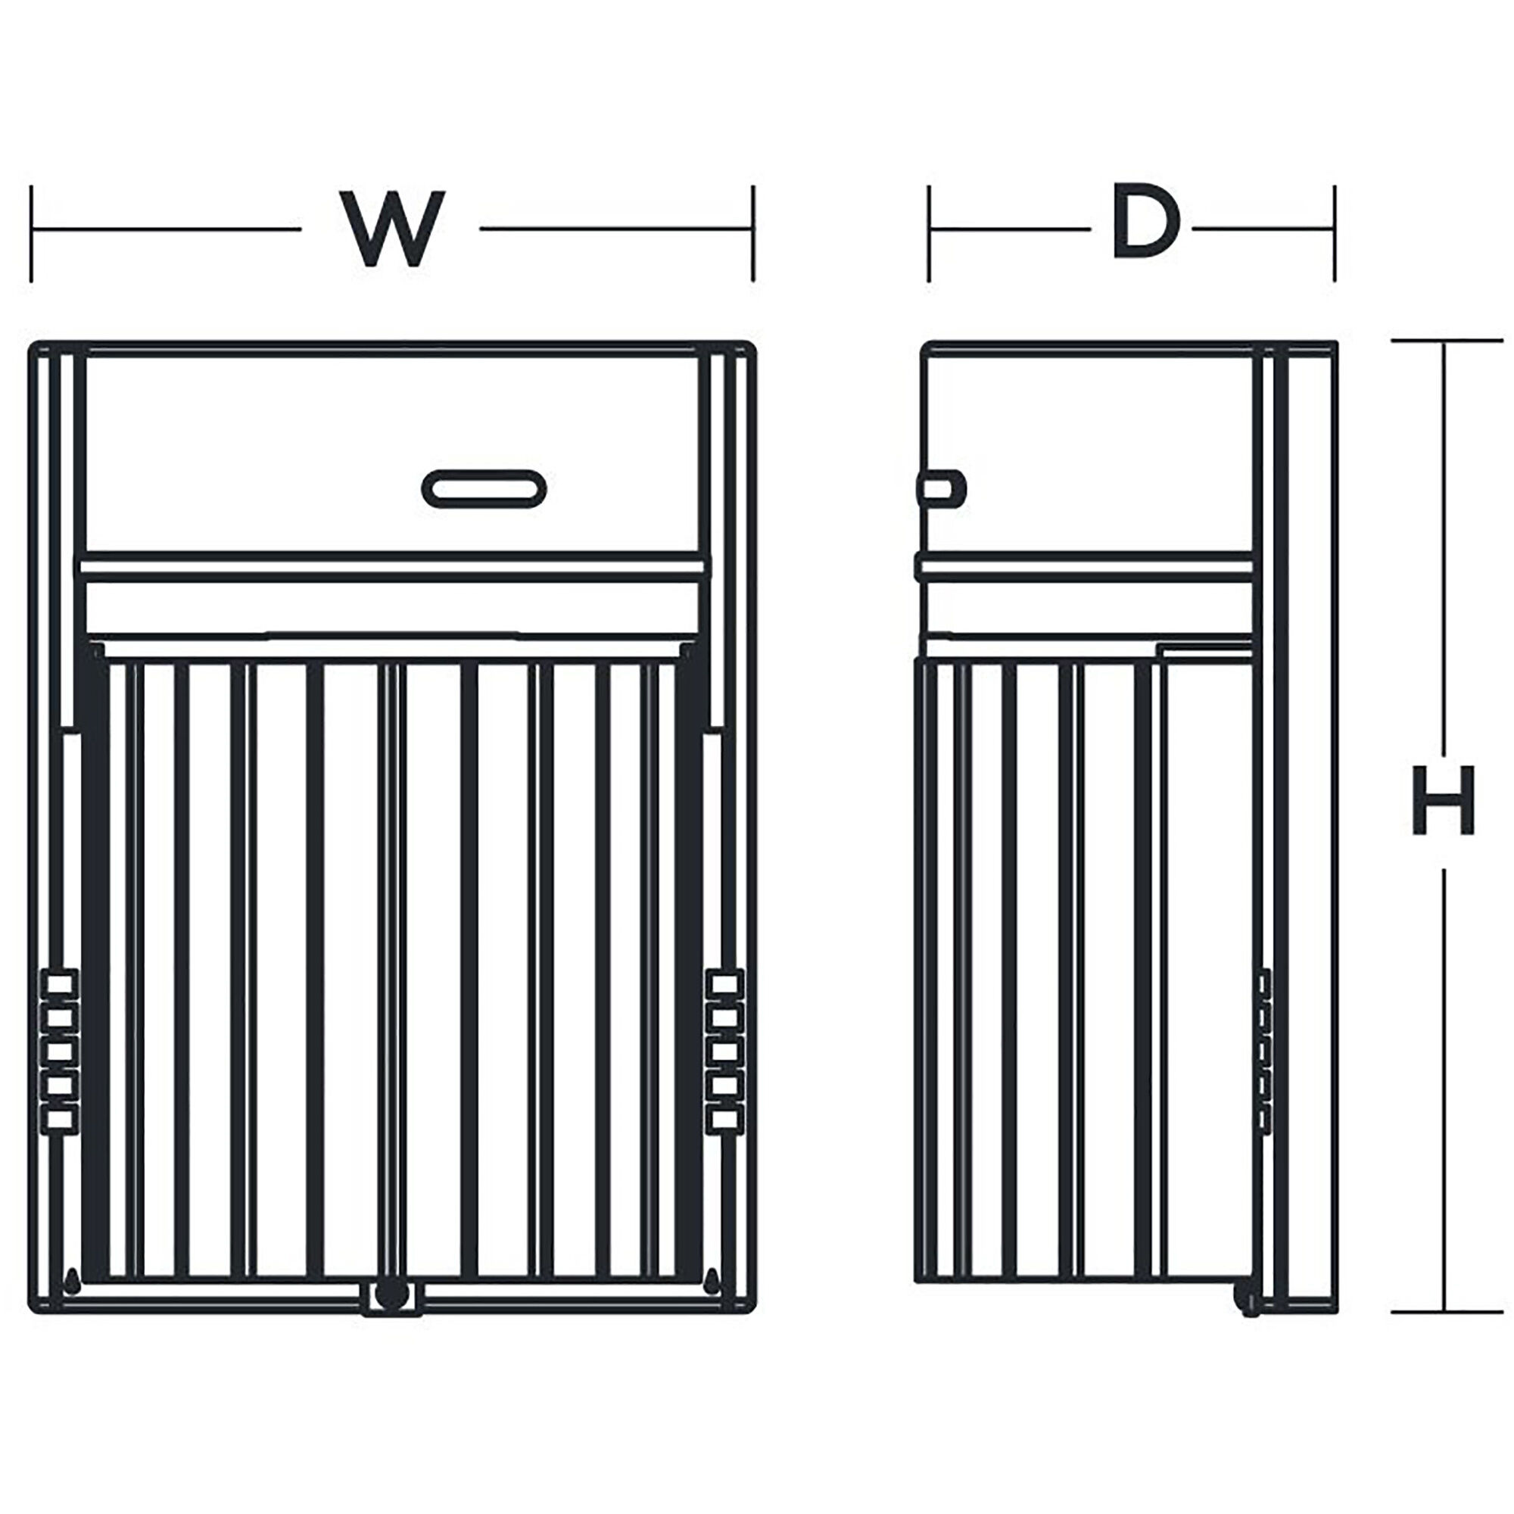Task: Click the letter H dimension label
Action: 1443,802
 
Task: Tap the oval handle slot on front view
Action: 484,489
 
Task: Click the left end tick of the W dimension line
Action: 31,233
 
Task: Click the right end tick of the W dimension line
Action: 753,233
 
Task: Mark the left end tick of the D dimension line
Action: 930,233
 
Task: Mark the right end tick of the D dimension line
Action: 1334,233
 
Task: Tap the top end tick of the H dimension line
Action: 1447,341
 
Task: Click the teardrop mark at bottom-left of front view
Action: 72,1278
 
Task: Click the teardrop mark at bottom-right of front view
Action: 712,1278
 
